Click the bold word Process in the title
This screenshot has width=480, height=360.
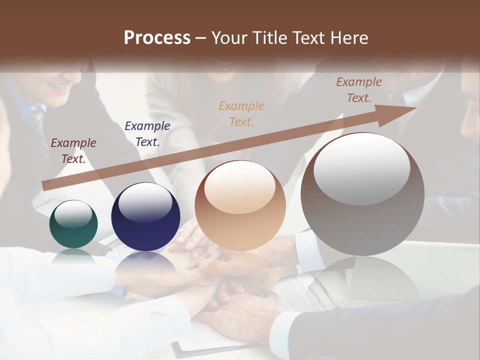pos(157,38)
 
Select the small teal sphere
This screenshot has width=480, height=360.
pos(73,224)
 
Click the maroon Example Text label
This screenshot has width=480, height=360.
pos(73,151)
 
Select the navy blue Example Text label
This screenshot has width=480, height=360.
pos(147,134)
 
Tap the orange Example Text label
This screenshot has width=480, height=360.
pos(241,113)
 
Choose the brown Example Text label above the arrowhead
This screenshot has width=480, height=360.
pos(359,89)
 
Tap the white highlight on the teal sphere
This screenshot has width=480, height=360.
pos(73,214)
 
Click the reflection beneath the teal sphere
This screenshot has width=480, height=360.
pos(74,257)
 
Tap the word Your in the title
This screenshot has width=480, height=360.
pos(229,38)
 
